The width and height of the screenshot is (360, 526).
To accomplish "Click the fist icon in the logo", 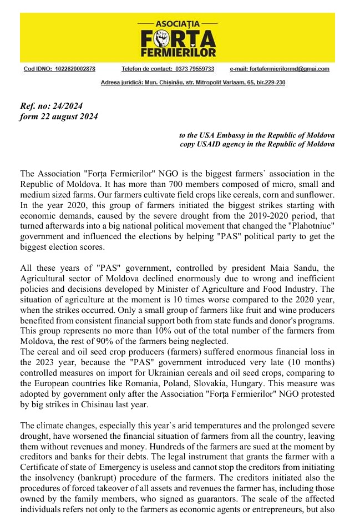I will point(163,38).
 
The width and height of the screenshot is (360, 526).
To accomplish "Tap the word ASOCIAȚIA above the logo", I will point(178,25).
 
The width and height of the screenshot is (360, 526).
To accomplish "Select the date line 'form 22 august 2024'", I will point(58,117).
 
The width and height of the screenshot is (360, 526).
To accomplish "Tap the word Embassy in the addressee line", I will point(226,135).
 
